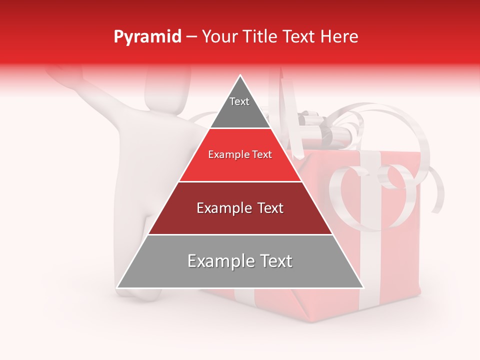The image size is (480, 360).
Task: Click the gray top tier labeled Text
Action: coord(239,107)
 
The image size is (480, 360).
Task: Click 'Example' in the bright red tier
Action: coord(228,155)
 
